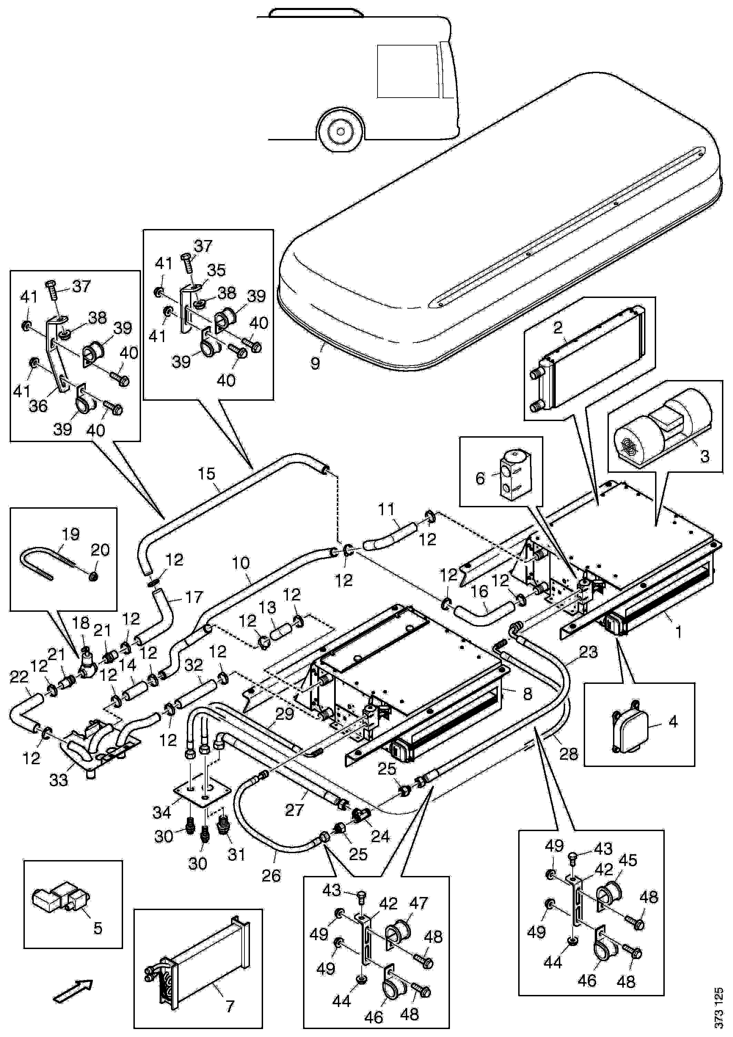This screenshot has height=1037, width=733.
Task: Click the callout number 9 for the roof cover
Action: [315, 362]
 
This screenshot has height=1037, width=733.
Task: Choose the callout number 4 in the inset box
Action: [673, 721]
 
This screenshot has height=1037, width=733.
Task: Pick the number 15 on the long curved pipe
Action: [207, 474]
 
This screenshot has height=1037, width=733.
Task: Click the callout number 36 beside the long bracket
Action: [38, 406]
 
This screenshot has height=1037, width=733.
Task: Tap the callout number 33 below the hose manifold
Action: [59, 779]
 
